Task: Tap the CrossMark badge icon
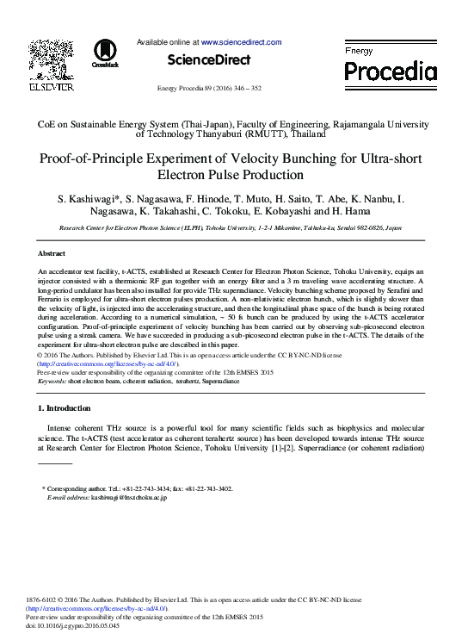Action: point(105,53)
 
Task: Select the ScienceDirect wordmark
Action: point(209,60)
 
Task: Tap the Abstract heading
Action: point(52,254)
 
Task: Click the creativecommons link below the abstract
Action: point(107,364)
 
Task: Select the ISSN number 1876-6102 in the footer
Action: point(45,600)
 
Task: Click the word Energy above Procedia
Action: point(359,52)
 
